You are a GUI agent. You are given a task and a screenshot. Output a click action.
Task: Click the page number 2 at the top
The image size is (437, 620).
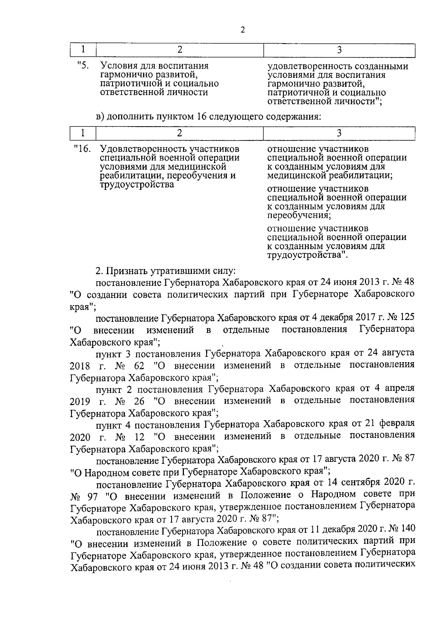pos(243,30)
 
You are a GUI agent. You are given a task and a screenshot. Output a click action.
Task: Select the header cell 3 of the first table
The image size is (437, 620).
pos(339,50)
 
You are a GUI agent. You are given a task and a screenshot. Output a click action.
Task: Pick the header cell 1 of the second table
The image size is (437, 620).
pos(83,133)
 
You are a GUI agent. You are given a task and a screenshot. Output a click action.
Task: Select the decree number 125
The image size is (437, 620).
pos(407,317)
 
